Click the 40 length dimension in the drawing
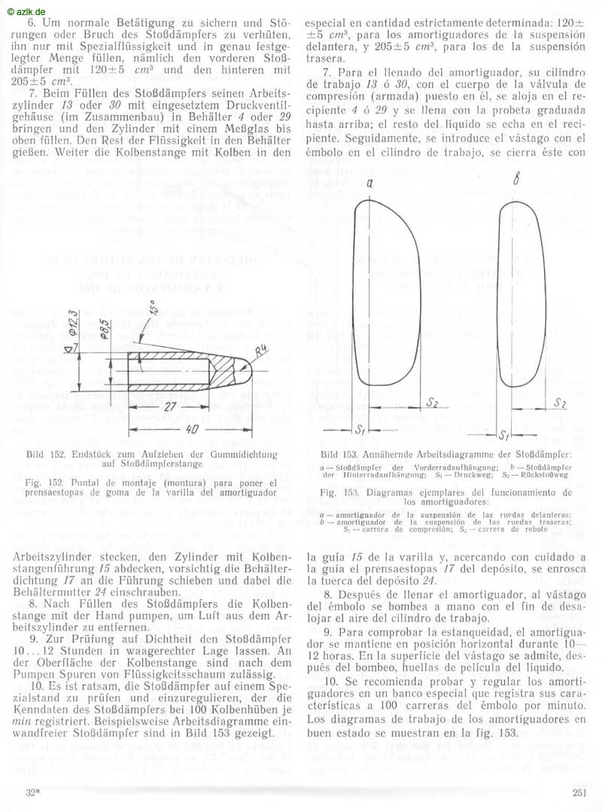pos(192,428)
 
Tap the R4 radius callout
pos(261,351)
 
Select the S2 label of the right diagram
pos(559,403)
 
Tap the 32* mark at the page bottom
pos(32,792)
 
